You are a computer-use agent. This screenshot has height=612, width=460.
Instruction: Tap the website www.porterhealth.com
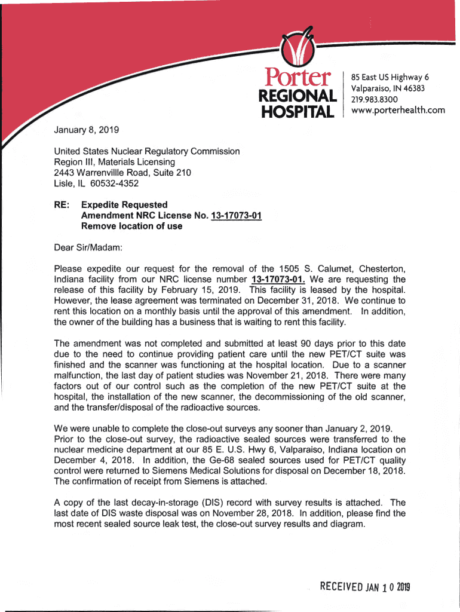tap(398, 109)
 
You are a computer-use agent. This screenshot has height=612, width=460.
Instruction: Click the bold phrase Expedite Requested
tap(124, 205)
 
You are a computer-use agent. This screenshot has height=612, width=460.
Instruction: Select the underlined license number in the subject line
tap(237, 216)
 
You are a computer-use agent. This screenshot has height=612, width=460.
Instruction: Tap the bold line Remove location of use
tap(131, 227)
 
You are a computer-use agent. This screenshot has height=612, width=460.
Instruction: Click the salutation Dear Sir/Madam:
tap(88, 247)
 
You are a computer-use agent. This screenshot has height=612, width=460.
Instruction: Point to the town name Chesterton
tap(376, 268)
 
